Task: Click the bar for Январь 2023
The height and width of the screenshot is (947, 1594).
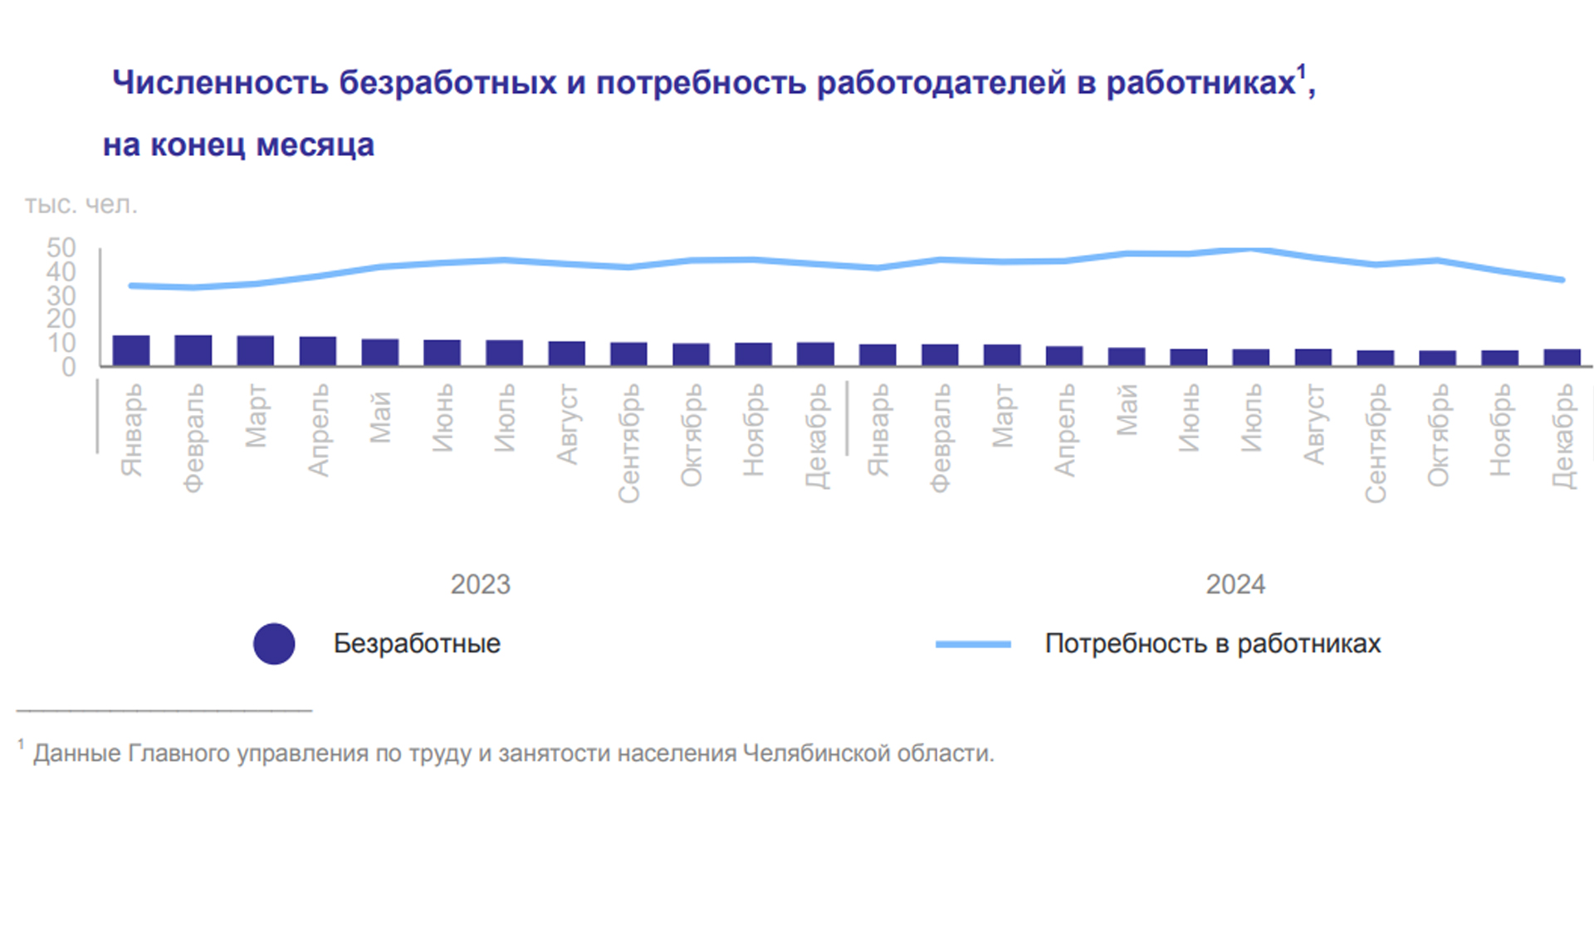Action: point(131,350)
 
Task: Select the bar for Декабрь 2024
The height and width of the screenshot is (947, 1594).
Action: point(1562,357)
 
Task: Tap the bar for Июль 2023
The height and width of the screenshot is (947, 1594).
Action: point(504,353)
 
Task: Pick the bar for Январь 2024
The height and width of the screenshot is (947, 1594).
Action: point(878,354)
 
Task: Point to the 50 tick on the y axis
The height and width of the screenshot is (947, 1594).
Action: point(61,247)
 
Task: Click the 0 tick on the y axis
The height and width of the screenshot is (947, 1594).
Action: point(68,367)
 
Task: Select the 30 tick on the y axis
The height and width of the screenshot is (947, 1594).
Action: point(61,295)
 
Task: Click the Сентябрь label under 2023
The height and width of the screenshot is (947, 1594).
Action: point(628,442)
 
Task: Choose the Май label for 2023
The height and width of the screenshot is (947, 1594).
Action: point(379,417)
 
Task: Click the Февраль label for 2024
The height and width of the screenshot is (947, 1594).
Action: point(940,437)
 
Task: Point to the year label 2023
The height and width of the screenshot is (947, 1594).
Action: point(480,584)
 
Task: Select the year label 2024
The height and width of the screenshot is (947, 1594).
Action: point(1235,584)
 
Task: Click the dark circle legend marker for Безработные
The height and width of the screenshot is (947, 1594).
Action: point(274,643)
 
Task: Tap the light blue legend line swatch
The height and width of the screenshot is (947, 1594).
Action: point(973,644)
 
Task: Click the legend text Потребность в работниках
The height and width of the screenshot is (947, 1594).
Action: point(1212,643)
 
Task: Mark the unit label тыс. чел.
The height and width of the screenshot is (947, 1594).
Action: point(81,204)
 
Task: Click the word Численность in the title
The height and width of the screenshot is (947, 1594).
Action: point(220,82)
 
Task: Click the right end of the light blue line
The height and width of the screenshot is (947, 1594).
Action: point(1562,280)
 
